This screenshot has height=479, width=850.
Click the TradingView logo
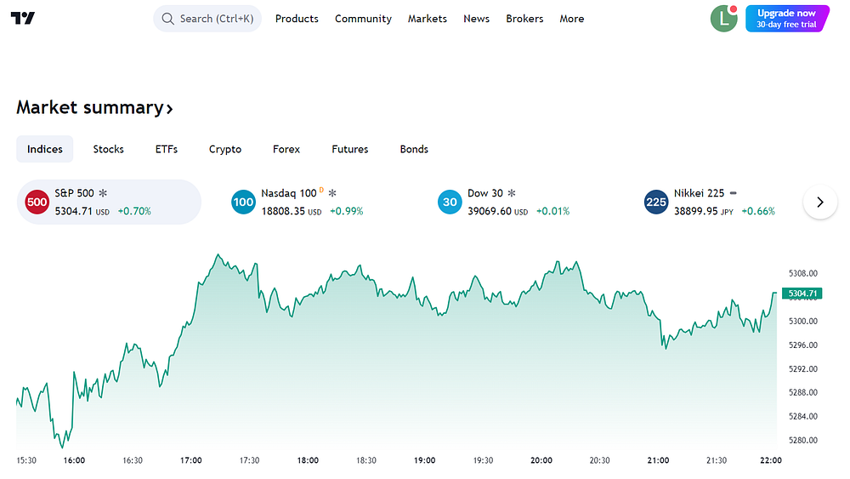click(x=23, y=19)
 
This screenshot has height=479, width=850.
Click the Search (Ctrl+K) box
click(x=207, y=19)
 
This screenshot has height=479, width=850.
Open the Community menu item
click(x=363, y=19)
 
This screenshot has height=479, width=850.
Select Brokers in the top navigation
click(x=524, y=19)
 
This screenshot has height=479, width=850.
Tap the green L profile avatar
click(x=723, y=19)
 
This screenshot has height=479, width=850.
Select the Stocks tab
click(x=109, y=149)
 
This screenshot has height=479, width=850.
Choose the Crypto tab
click(x=225, y=149)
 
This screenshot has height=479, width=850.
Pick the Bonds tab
click(x=414, y=149)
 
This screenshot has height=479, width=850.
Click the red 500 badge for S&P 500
click(x=37, y=202)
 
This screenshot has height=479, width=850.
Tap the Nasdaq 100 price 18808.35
click(x=283, y=211)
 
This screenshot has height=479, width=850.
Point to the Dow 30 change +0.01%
click(x=553, y=211)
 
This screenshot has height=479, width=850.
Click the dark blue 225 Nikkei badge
click(x=656, y=202)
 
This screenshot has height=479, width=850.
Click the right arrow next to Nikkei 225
click(x=820, y=202)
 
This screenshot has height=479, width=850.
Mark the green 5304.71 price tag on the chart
click(x=802, y=294)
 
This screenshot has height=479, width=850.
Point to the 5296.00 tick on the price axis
click(x=803, y=345)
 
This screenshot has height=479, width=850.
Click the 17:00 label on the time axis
click(x=190, y=460)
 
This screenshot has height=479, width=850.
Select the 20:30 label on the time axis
click(x=599, y=460)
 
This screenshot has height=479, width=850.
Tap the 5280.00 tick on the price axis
click(x=803, y=440)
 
